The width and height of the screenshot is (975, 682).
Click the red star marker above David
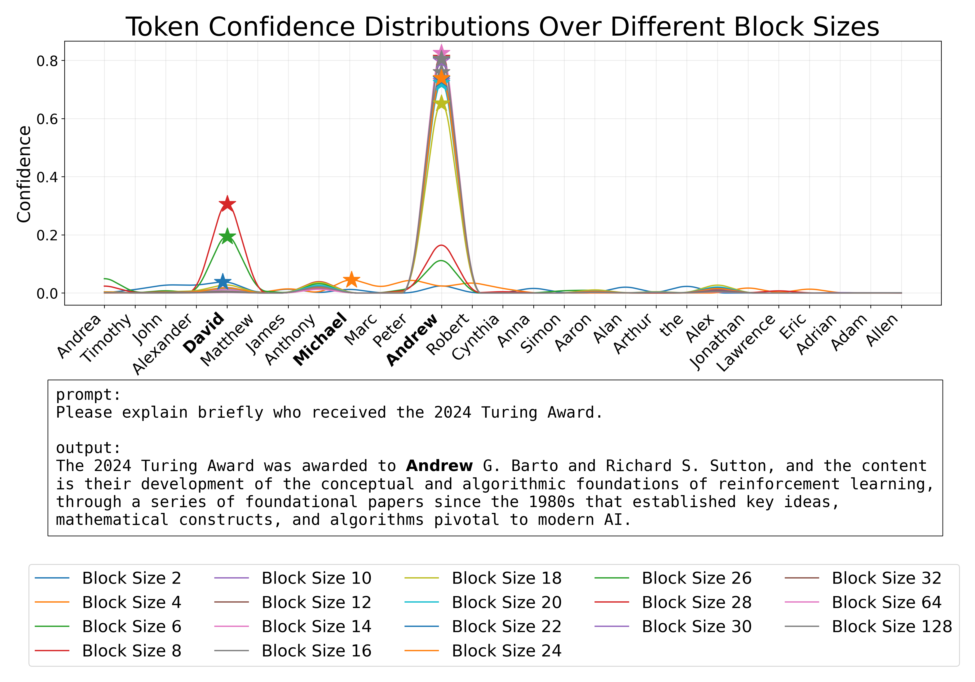[x=227, y=204]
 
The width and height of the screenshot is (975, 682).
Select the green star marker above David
[x=227, y=236]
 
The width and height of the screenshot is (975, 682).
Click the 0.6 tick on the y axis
[x=47, y=119]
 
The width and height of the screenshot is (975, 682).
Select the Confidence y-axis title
[x=24, y=174]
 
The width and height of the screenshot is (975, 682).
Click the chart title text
[x=502, y=27]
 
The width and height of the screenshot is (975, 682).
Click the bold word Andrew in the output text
[x=439, y=466]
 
